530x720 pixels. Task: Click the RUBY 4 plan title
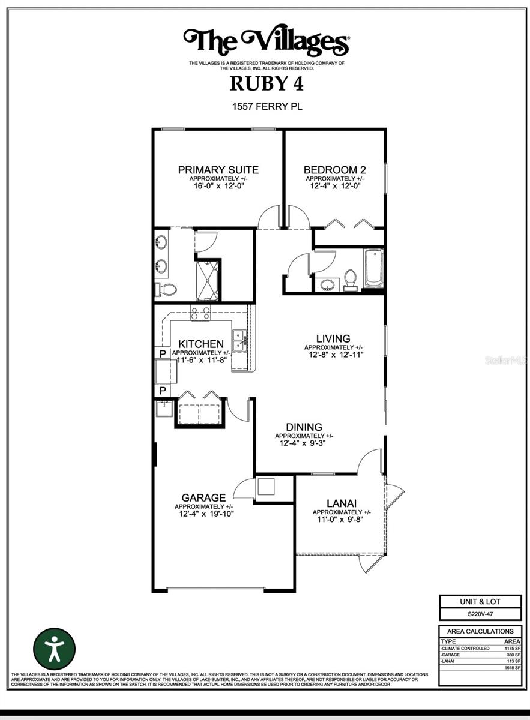pos(267,83)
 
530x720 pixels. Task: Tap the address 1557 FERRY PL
pos(267,107)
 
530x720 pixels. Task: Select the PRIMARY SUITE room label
pos(218,170)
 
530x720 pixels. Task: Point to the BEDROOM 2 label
pos(334,170)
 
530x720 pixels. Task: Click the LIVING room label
pos(334,339)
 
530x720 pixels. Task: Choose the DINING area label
pos(304,427)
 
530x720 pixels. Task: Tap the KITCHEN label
pos(201,344)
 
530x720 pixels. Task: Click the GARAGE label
pos(204,497)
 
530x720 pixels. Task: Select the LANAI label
pos(342,503)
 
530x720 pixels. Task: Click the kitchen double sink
pos(240,340)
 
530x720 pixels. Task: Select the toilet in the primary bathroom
pos(167,290)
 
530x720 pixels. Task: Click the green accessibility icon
pos(55,648)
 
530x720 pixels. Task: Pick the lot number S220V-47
pos(480,614)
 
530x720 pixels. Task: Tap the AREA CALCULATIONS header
pos(480,631)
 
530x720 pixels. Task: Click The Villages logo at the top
pos(267,42)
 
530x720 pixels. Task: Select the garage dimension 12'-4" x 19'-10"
pos(204,514)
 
